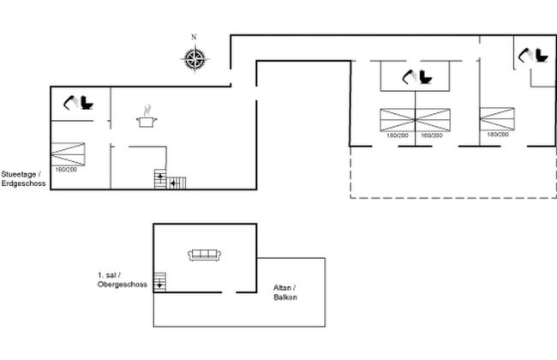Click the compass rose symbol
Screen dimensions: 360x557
coord(195,58)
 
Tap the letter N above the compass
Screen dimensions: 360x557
coord(194,37)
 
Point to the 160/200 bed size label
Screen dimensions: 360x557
coord(433,135)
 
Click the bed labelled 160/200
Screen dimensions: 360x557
coord(433,118)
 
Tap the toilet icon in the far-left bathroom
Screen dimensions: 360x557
coord(78,104)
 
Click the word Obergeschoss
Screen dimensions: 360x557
coord(123,284)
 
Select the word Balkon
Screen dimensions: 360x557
coord(285,297)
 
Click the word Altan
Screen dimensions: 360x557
coord(284,287)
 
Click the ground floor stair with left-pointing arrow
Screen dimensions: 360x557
coord(177,183)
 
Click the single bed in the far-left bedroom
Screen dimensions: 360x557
coord(69,154)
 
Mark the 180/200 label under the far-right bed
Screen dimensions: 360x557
coord(498,135)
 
